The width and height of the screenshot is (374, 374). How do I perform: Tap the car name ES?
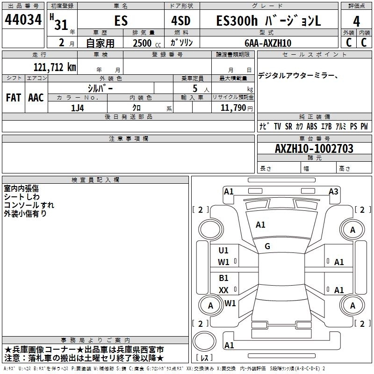[x=121, y=21]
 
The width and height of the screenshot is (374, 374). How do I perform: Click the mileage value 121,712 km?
[x=55, y=67]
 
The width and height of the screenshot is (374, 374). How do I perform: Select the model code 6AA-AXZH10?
[x=267, y=43]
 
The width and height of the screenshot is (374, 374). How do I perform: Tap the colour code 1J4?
[x=78, y=108]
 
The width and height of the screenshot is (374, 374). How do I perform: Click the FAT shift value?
[x=14, y=98]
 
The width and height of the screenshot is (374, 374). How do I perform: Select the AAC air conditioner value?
[x=36, y=98]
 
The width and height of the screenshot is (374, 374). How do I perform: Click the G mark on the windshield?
[x=267, y=246]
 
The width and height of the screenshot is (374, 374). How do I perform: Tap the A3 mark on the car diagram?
[x=333, y=191]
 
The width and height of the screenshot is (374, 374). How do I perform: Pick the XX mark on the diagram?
[x=223, y=290]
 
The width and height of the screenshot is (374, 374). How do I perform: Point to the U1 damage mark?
[x=223, y=250]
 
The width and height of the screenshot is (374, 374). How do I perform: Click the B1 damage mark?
[x=223, y=278]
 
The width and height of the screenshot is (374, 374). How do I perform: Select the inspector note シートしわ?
[x=22, y=197]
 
